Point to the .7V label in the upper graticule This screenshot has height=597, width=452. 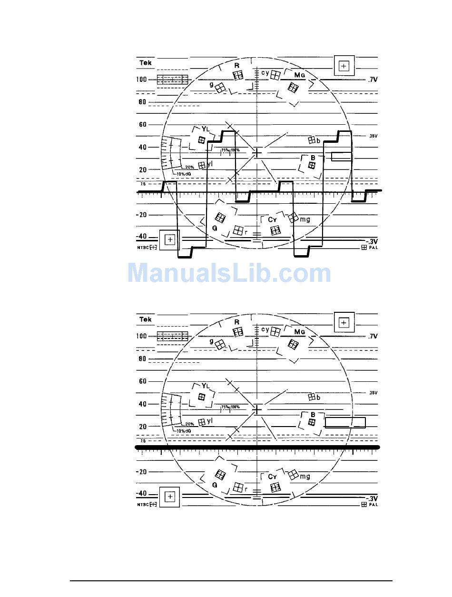(372, 80)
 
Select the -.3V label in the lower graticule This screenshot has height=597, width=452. (371, 498)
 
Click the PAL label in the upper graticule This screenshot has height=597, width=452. (373, 248)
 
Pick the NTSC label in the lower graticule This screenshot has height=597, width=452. (143, 505)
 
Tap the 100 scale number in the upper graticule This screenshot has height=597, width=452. (141, 80)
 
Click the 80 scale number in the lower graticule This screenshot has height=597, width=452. (142, 358)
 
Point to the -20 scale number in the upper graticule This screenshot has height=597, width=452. (141, 215)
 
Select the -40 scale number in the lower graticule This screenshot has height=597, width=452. (141, 493)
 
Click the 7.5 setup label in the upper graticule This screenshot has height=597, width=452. (142, 183)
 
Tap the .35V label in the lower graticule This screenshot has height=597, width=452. (373, 393)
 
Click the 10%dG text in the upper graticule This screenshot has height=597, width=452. (184, 174)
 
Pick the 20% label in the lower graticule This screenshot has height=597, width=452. (189, 424)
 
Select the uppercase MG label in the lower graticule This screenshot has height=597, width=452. (299, 331)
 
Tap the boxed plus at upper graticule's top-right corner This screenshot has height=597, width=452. (344, 66)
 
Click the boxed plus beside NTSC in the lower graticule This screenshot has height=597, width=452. (170, 497)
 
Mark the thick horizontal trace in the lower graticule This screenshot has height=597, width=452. (257, 448)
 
